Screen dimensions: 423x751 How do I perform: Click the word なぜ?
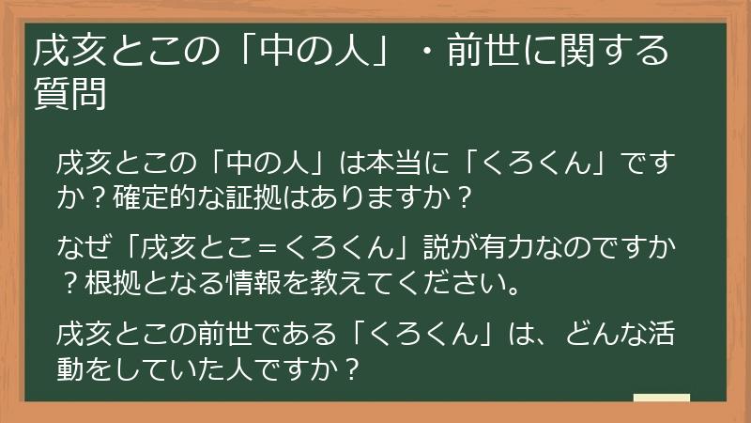pos(81,250)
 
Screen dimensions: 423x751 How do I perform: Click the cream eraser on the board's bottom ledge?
pos(661,398)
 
